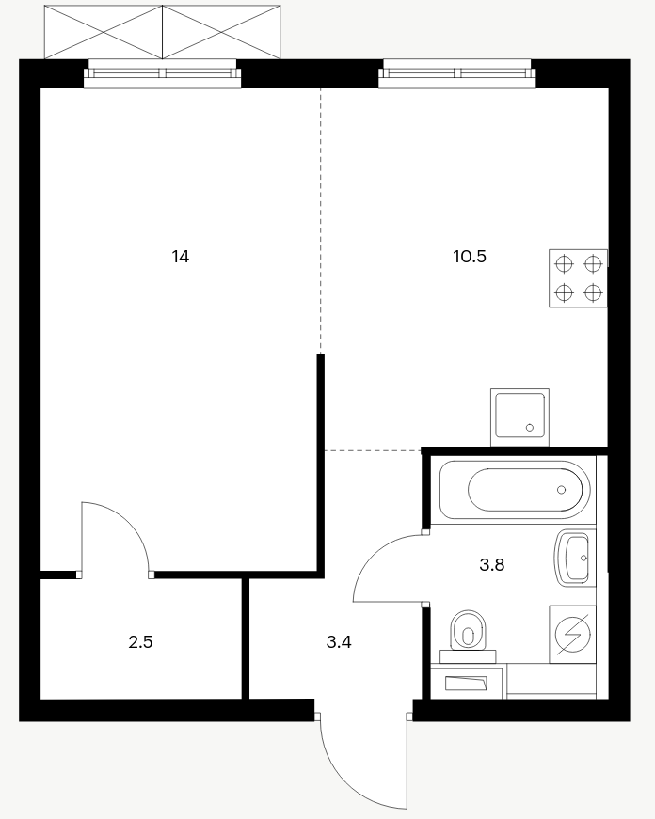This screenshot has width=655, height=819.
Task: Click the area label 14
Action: tap(181, 257)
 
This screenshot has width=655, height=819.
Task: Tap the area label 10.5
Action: tap(470, 257)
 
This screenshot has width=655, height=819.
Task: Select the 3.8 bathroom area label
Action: tap(492, 564)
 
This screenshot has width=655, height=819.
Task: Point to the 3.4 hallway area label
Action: tap(339, 642)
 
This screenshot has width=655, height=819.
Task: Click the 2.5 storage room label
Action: tap(140, 642)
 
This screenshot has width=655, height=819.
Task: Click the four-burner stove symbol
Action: tap(578, 278)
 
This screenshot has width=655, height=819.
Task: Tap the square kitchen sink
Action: tap(519, 417)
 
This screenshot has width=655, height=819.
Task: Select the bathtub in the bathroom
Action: tap(515, 490)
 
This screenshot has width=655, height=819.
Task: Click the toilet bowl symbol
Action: tap(468, 630)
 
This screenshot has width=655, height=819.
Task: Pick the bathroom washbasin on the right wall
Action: tap(575, 558)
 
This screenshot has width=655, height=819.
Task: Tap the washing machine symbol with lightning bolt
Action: tap(572, 634)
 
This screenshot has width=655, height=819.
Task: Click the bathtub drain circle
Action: tap(562, 490)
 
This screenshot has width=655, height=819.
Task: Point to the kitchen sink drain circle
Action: tap(530, 428)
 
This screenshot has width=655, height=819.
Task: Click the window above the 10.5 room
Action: tap(457, 73)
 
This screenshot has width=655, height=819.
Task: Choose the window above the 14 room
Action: tap(163, 73)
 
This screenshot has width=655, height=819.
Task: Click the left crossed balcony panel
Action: tap(103, 32)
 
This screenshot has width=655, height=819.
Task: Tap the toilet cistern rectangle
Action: tap(468, 656)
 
